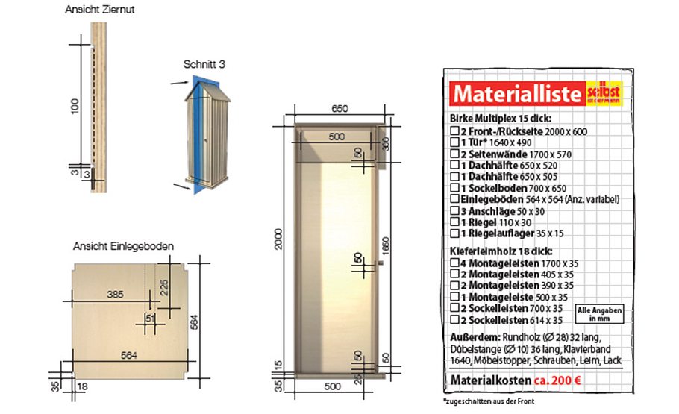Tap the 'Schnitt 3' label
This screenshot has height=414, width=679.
coord(204,65)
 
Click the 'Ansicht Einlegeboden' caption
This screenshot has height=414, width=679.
coord(124,245)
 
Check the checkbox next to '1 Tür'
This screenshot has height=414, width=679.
coord(454,142)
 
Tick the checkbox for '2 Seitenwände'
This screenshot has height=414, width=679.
coord(454,154)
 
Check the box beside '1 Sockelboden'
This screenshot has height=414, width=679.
coord(454,188)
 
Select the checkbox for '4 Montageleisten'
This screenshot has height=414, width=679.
coord(454,263)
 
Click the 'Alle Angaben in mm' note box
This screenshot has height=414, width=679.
coord(598,313)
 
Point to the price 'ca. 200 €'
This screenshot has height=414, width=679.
coord(560,380)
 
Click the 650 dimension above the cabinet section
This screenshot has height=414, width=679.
coord(339,109)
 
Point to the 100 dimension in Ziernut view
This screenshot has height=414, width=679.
coord(73,105)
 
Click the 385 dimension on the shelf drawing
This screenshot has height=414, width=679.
coord(115,295)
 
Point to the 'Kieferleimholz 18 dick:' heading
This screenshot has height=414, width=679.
coord(495,251)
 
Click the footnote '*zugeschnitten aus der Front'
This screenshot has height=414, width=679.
coord(488,401)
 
